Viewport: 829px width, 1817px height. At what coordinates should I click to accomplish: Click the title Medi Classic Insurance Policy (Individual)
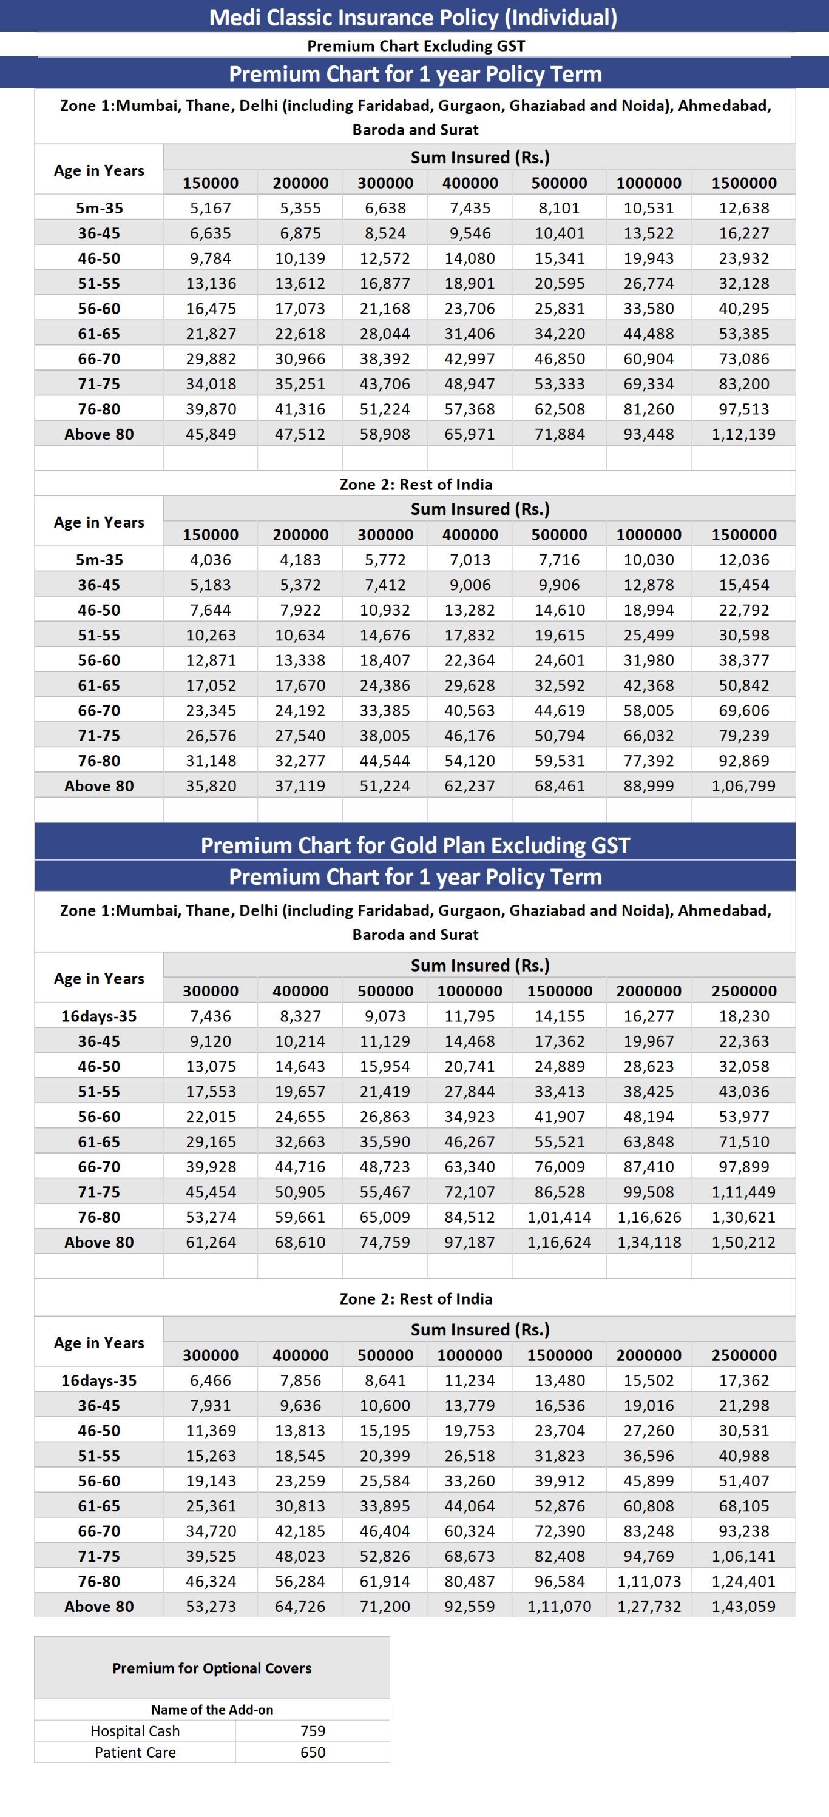[x=413, y=17]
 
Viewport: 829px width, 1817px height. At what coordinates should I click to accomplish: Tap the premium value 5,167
[x=210, y=208]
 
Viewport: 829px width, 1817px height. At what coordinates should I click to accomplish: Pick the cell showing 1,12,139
[x=743, y=434]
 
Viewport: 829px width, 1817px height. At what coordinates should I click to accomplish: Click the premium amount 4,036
[x=210, y=560]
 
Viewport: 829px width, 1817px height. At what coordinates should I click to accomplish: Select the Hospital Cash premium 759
[x=313, y=1731]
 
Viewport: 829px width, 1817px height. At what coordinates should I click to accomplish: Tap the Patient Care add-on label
[x=135, y=1752]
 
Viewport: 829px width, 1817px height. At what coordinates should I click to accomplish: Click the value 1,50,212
[x=743, y=1242]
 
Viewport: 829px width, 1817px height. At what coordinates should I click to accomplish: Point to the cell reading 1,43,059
[x=743, y=1606]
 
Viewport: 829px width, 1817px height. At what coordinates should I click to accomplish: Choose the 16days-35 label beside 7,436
[x=99, y=1016]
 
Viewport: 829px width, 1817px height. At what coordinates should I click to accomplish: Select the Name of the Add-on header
[x=212, y=1710]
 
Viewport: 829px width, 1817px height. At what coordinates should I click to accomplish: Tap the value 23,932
[x=743, y=258]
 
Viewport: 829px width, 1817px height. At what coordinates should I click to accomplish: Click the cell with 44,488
[x=648, y=334]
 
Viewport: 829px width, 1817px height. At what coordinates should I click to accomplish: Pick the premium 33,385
[x=385, y=710]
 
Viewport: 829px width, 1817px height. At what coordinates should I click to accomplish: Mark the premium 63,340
[x=469, y=1167]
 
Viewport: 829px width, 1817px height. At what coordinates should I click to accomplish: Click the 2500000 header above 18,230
[x=743, y=991]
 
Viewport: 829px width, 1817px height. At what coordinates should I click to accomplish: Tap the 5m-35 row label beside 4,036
[x=99, y=560]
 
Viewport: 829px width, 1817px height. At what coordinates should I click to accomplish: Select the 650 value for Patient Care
[x=313, y=1752]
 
